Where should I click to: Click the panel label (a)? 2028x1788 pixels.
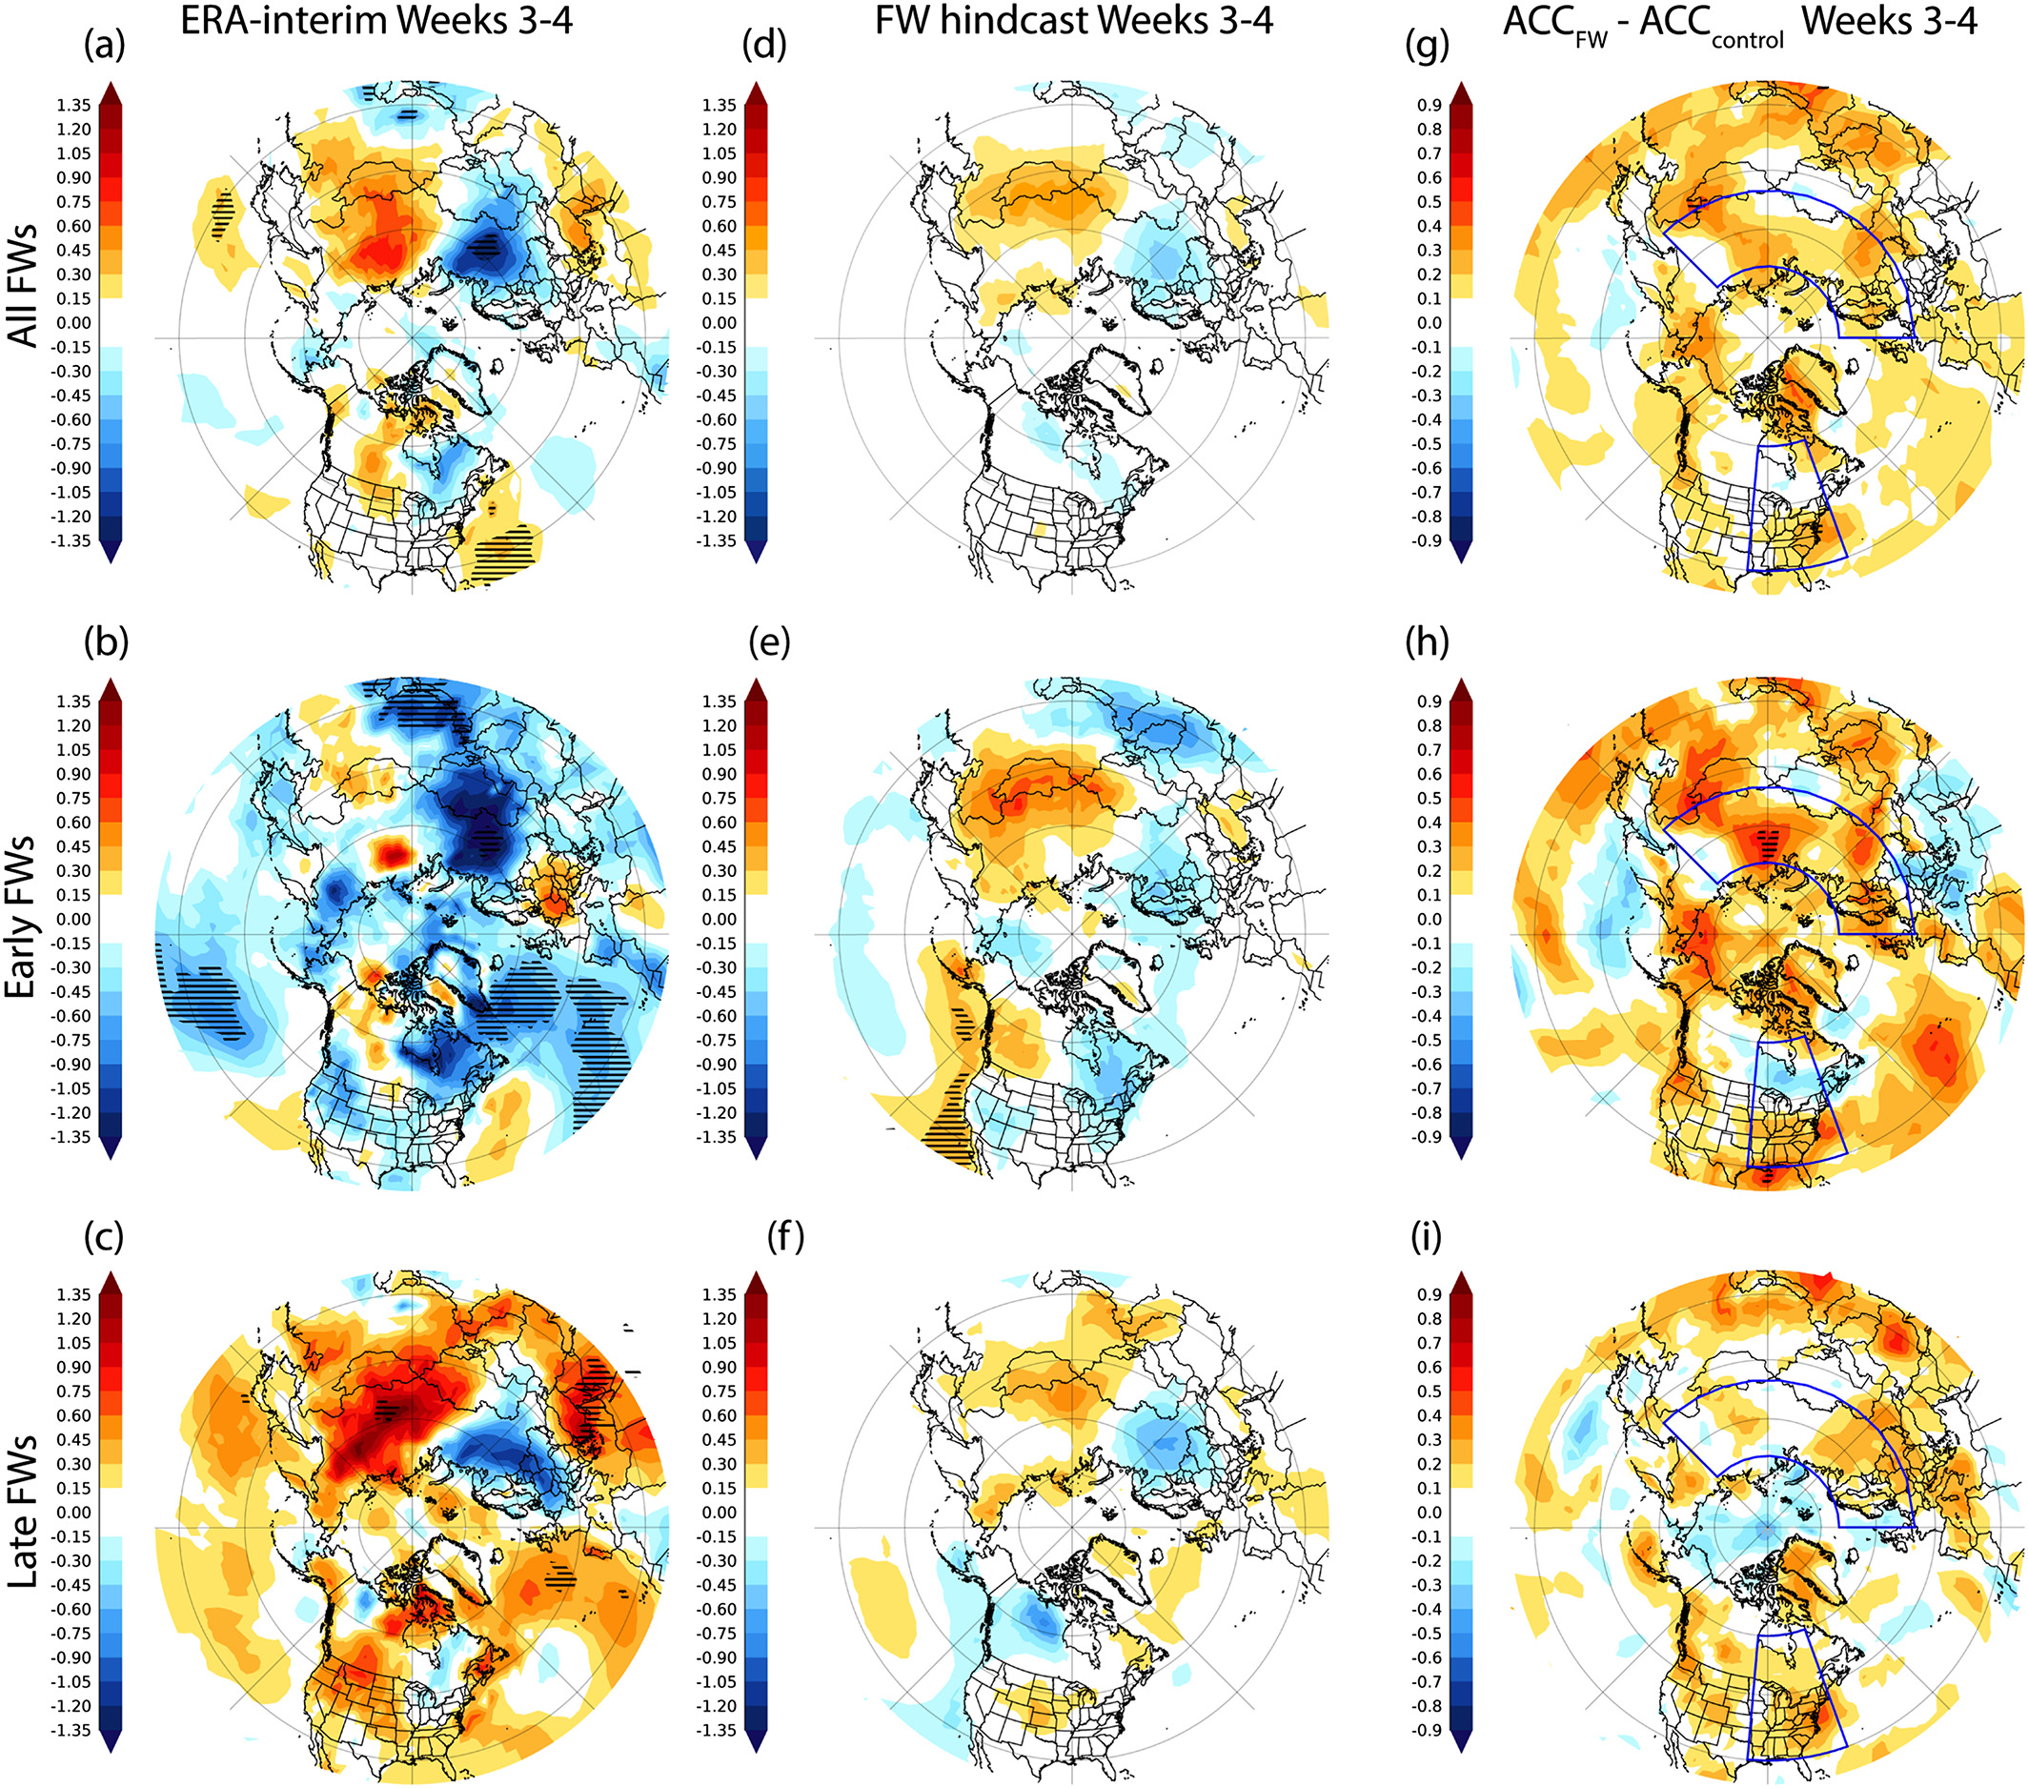[x=104, y=46]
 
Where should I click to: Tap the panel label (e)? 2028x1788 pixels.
[x=769, y=642]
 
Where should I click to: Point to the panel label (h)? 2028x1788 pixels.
[x=1427, y=642]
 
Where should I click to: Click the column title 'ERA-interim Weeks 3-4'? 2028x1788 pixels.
[x=376, y=20]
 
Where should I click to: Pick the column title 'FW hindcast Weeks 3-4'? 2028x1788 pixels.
[x=1073, y=20]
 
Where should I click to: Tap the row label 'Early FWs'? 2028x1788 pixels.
[x=24, y=918]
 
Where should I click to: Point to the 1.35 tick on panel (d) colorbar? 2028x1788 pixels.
[x=719, y=105]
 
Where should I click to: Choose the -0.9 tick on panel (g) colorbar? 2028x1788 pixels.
[x=1428, y=540]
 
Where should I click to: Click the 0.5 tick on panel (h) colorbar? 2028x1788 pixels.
[x=1430, y=798]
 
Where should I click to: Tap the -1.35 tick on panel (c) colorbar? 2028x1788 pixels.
[x=71, y=1731]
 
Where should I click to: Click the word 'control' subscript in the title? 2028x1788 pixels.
[x=1747, y=41]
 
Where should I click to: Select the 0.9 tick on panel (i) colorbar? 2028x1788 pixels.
[x=1430, y=1294]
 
